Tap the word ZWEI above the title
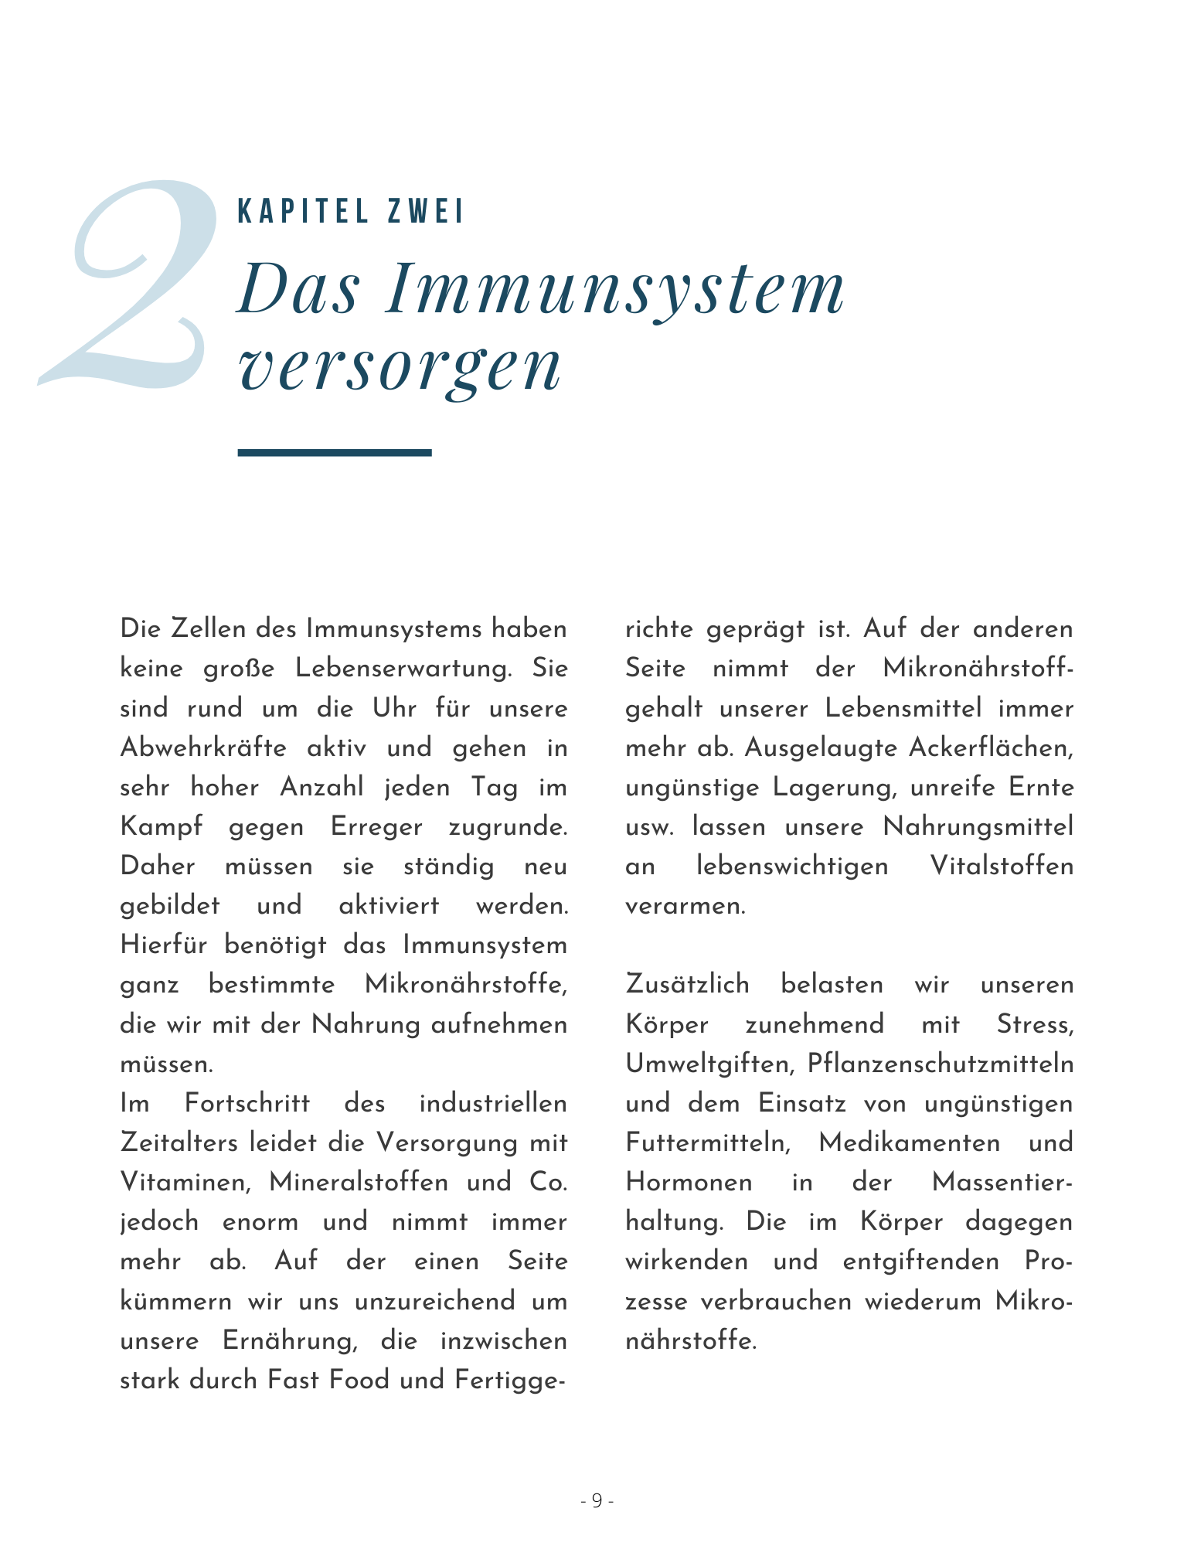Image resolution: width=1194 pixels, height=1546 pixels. [x=426, y=212]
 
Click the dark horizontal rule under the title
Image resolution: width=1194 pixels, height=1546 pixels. [x=334, y=452]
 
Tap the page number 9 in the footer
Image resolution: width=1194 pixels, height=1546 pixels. [x=597, y=1500]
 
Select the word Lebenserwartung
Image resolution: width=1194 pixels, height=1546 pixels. [x=403, y=669]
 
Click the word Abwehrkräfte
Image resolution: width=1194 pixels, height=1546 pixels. [x=203, y=747]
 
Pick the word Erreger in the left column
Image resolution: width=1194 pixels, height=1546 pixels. [x=376, y=826]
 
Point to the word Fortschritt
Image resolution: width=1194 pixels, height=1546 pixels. [x=247, y=1103]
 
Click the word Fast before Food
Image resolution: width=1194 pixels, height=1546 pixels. [x=293, y=1380]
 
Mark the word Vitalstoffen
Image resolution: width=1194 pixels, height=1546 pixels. [x=1002, y=866]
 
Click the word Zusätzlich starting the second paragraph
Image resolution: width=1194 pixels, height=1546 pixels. [x=687, y=984]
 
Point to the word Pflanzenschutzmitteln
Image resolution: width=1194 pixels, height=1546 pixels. [x=940, y=1064]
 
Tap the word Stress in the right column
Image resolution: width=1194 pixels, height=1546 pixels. [x=1034, y=1024]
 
